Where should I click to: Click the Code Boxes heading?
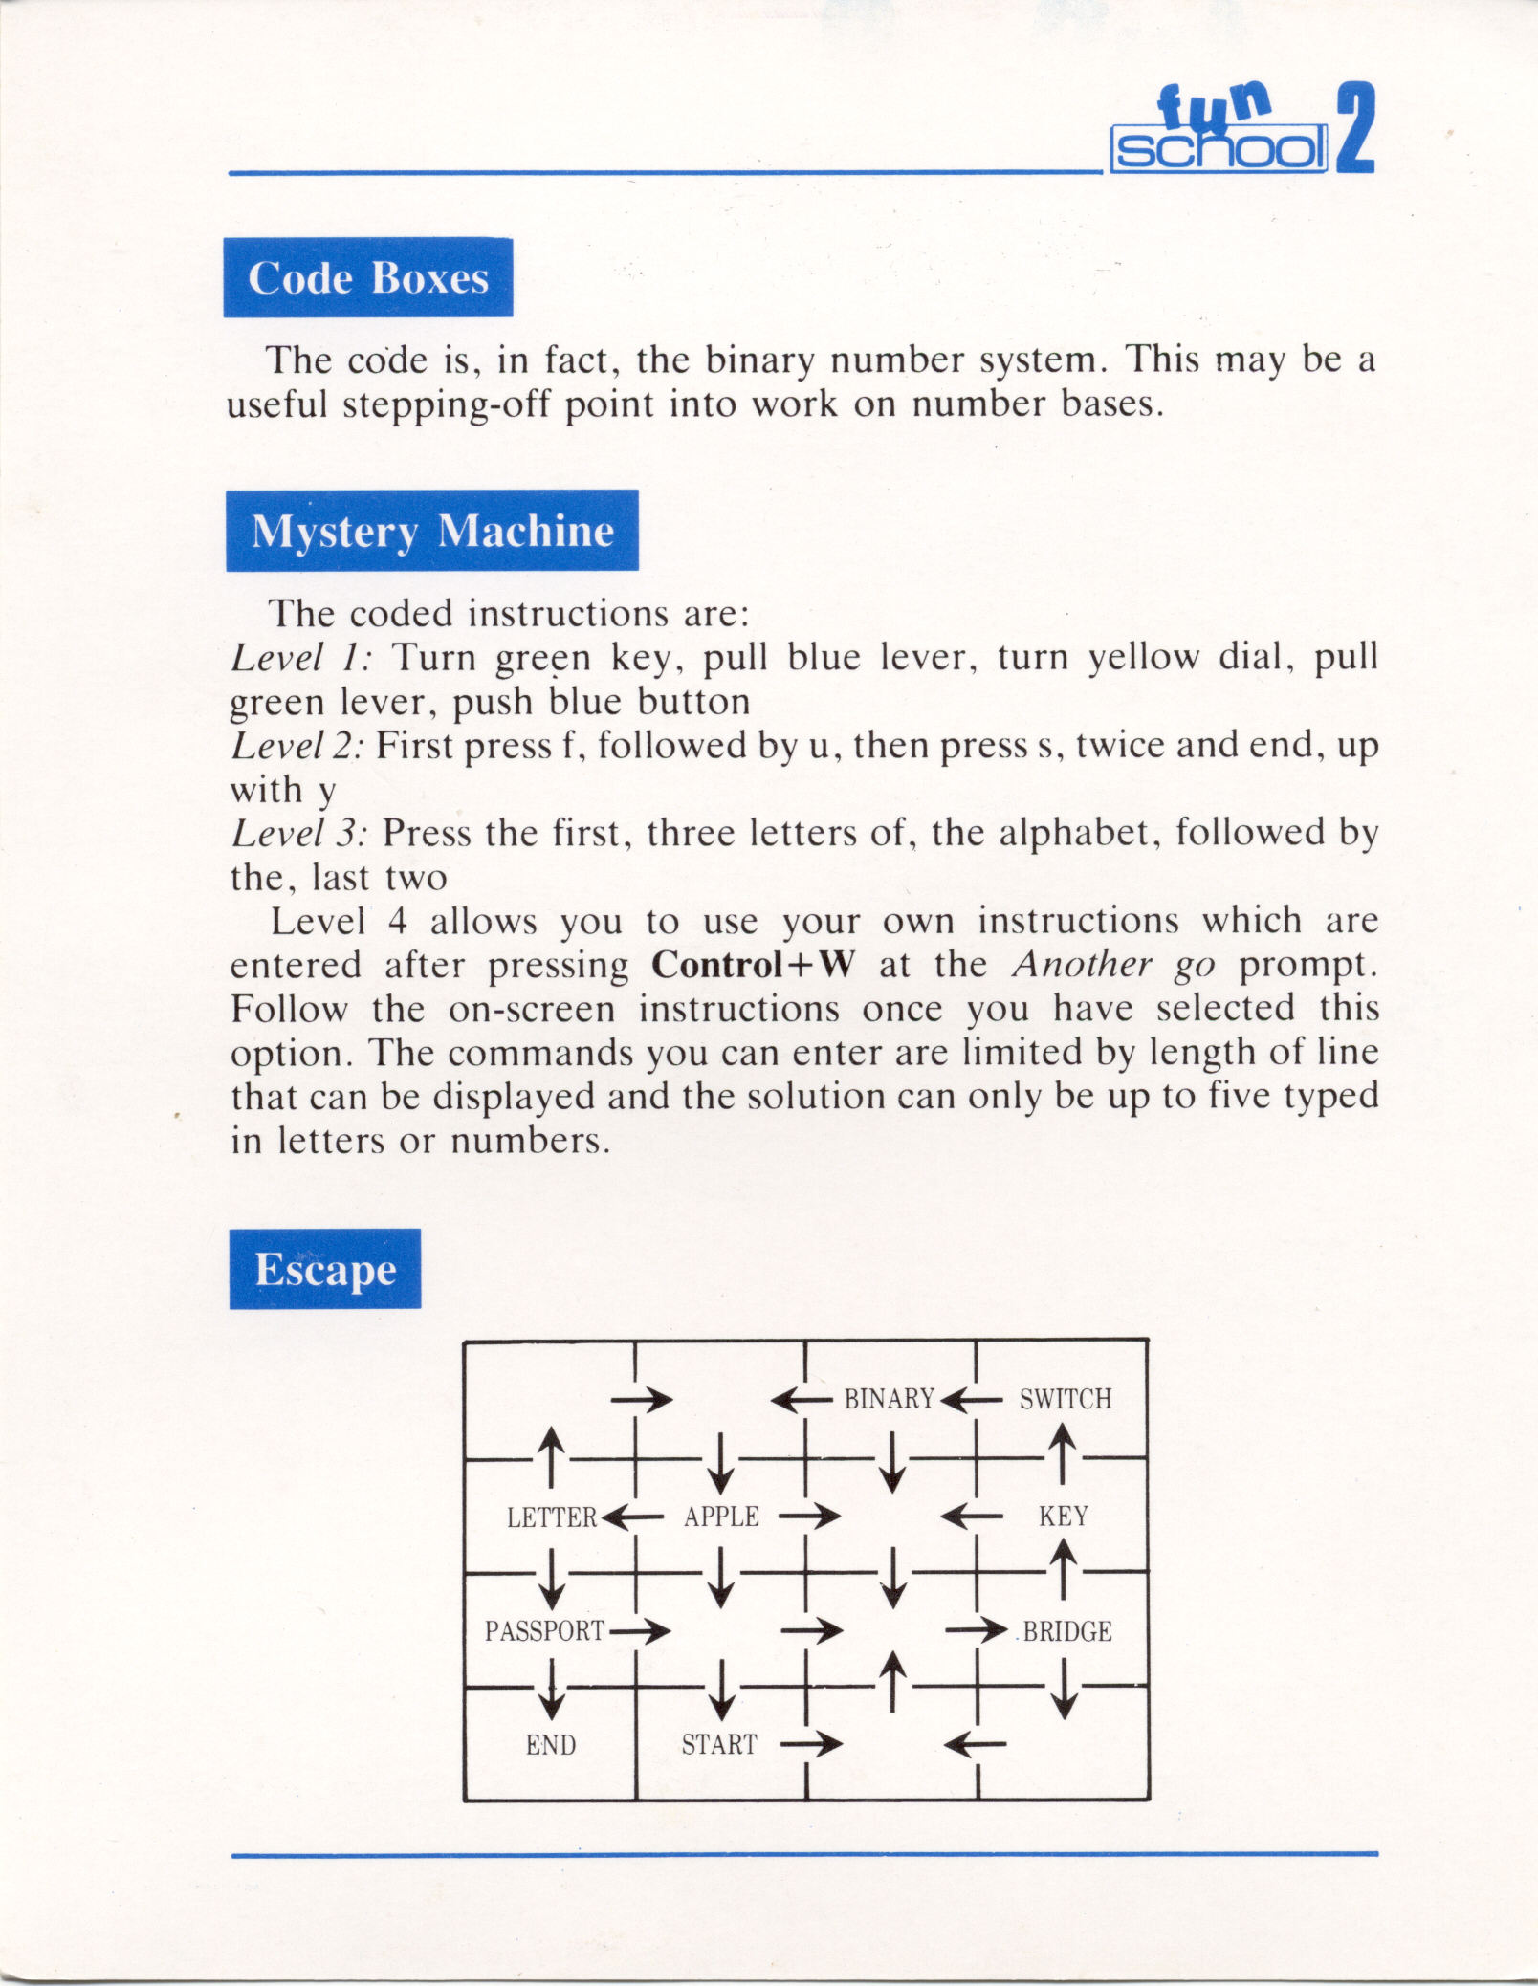point(368,278)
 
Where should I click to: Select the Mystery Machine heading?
point(432,531)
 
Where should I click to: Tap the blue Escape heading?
point(325,1270)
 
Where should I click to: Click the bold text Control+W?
point(752,965)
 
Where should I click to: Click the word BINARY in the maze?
point(889,1400)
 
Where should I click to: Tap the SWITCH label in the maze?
point(1066,1400)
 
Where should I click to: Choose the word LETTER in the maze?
point(552,1517)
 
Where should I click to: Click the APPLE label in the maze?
point(721,1517)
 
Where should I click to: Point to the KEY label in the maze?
point(1064,1517)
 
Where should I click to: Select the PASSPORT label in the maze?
point(544,1631)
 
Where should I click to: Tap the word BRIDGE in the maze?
point(1067,1631)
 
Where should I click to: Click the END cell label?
point(551,1745)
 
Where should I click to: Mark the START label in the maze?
point(719,1745)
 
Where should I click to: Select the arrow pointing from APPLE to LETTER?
point(632,1517)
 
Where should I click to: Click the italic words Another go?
point(1113,965)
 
